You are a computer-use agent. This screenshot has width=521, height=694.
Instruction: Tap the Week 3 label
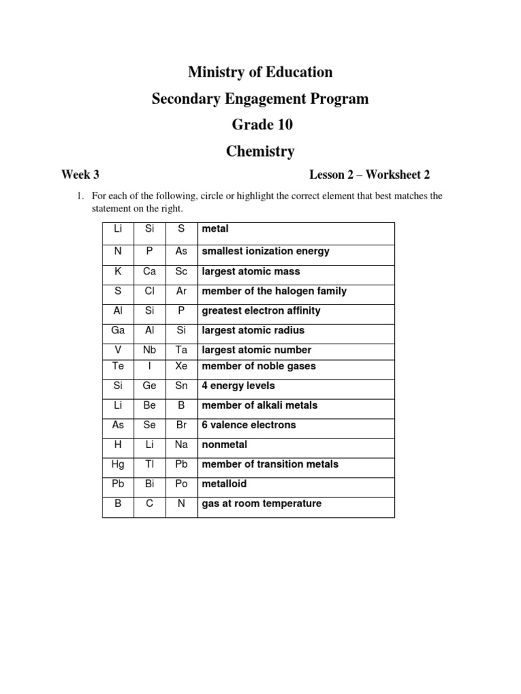[80, 175]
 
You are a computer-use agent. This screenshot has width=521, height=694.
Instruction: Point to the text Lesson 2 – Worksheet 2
[370, 175]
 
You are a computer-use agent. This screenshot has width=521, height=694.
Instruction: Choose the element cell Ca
[150, 271]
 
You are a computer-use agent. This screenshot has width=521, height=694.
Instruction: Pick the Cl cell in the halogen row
[150, 291]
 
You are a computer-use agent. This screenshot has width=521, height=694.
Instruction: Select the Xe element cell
[181, 366]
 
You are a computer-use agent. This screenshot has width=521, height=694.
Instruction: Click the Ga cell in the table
[118, 330]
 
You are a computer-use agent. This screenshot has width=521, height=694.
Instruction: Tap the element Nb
[150, 350]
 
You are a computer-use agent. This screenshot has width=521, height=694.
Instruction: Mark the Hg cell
[118, 464]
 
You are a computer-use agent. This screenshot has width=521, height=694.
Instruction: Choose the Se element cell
[150, 425]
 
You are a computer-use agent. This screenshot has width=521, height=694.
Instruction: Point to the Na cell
[181, 445]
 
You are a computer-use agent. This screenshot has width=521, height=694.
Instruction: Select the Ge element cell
[150, 386]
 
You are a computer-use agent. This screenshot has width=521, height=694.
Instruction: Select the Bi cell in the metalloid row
[150, 484]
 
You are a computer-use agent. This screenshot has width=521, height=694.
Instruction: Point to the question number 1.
[79, 197]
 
